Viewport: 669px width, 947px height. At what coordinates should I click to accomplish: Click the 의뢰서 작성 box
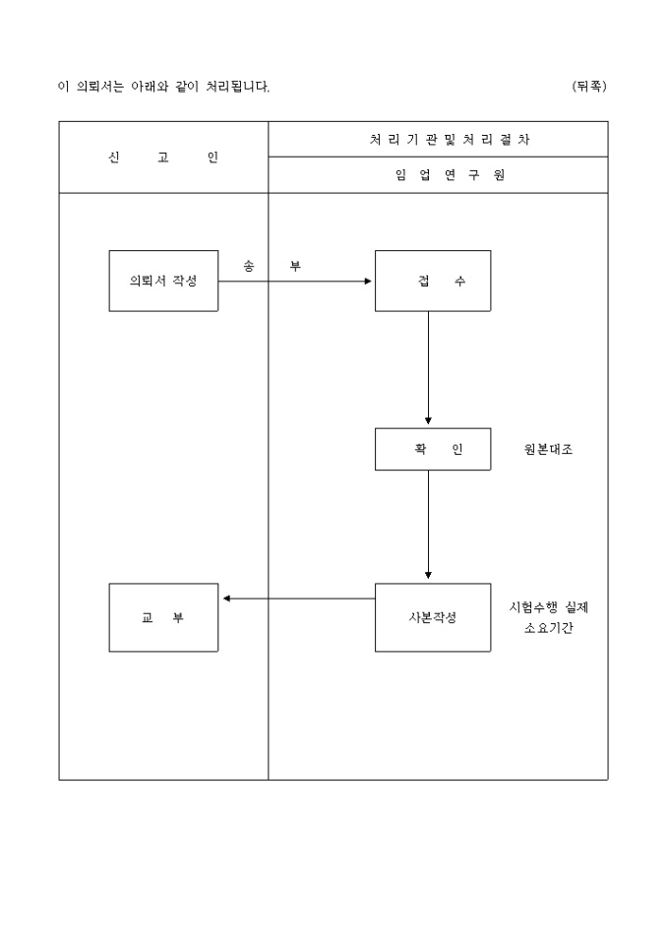[x=163, y=281]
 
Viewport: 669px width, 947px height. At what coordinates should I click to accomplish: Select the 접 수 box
[x=432, y=281]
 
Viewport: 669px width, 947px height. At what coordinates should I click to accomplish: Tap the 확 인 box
[x=432, y=449]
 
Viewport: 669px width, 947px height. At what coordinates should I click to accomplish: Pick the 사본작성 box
[x=432, y=617]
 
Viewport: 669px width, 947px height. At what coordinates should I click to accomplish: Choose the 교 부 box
[x=163, y=617]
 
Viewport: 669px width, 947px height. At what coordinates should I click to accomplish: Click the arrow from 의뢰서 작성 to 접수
[x=295, y=281]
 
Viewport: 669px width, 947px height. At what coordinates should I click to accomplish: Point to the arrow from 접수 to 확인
[x=428, y=368]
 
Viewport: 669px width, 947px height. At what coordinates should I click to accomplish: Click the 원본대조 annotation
[x=548, y=450]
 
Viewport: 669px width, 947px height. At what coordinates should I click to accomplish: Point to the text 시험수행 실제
[x=548, y=607]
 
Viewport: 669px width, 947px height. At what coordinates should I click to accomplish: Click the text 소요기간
[x=548, y=628]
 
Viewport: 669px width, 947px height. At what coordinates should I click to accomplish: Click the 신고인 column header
[x=163, y=158]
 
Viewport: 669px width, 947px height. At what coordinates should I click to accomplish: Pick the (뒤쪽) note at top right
[x=589, y=87]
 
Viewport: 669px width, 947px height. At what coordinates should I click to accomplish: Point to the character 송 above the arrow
[x=248, y=266]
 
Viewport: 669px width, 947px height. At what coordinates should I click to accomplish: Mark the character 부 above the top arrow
[x=295, y=266]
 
